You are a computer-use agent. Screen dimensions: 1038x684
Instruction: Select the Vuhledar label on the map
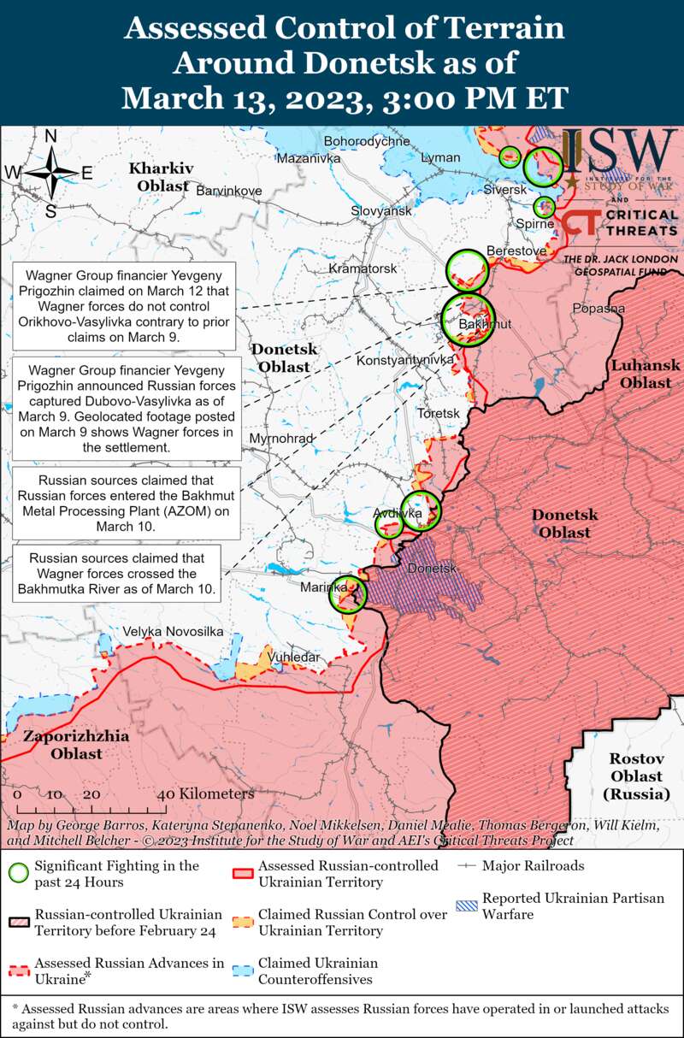294,657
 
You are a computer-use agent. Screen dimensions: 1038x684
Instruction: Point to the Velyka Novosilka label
173,631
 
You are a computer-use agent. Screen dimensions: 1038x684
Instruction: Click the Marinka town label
323,587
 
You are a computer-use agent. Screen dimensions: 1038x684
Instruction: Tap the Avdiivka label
398,513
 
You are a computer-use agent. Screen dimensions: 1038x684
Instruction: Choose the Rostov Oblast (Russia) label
636,776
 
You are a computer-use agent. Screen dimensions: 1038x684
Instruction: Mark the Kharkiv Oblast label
162,176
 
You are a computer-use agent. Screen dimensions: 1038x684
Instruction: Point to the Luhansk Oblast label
646,374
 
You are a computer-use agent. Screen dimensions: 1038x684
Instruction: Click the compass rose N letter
50,137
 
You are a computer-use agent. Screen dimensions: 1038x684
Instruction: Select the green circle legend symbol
17,873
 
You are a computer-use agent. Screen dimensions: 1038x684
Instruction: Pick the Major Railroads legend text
533,866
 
